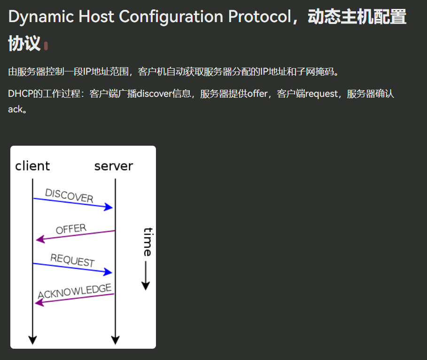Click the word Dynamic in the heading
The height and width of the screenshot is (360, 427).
coord(41,17)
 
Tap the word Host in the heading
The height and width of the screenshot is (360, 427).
coord(96,16)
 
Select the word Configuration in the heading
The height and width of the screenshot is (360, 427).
coord(171,17)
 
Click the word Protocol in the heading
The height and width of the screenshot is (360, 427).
coord(260,16)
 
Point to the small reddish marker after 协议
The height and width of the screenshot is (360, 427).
coord(46,46)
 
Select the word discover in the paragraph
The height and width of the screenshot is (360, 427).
coord(154,94)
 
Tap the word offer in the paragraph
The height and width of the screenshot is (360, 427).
coord(257,94)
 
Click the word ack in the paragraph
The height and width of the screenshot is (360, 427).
coord(15,110)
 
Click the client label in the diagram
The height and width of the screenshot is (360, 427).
coord(32,166)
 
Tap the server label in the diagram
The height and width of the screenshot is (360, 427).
coord(114,166)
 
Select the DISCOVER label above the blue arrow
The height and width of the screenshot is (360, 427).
coord(69,196)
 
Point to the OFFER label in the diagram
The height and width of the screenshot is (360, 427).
coord(71,229)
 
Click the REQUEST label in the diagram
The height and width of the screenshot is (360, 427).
coord(72,260)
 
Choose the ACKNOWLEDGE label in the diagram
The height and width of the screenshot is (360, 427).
coord(75,291)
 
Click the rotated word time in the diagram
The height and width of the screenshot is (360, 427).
coord(148,242)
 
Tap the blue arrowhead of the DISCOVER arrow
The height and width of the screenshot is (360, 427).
coord(109,207)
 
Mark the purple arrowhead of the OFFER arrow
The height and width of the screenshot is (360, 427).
coord(40,239)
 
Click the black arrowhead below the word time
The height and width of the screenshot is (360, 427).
coord(146,286)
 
